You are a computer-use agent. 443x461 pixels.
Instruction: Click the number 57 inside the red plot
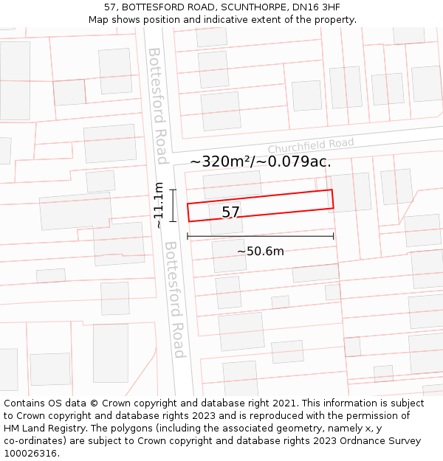pyautogui.click(x=231, y=212)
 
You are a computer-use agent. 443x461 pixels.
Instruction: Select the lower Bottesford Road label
pyautogui.click(x=174, y=299)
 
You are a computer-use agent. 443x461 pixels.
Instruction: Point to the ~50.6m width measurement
pyautogui.click(x=260, y=252)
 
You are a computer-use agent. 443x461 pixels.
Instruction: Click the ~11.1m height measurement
pyautogui.click(x=158, y=206)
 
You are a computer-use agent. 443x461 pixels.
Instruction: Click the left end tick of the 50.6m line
pyautogui.click(x=188, y=236)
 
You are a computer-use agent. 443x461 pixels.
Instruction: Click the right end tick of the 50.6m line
pyautogui.click(x=334, y=236)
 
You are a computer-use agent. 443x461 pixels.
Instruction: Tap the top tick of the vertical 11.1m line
pyautogui.click(x=173, y=190)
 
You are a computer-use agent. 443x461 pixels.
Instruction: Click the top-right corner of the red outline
pyautogui.click(x=332, y=190)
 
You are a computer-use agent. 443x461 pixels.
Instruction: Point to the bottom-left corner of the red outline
pyautogui.click(x=189, y=221)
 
